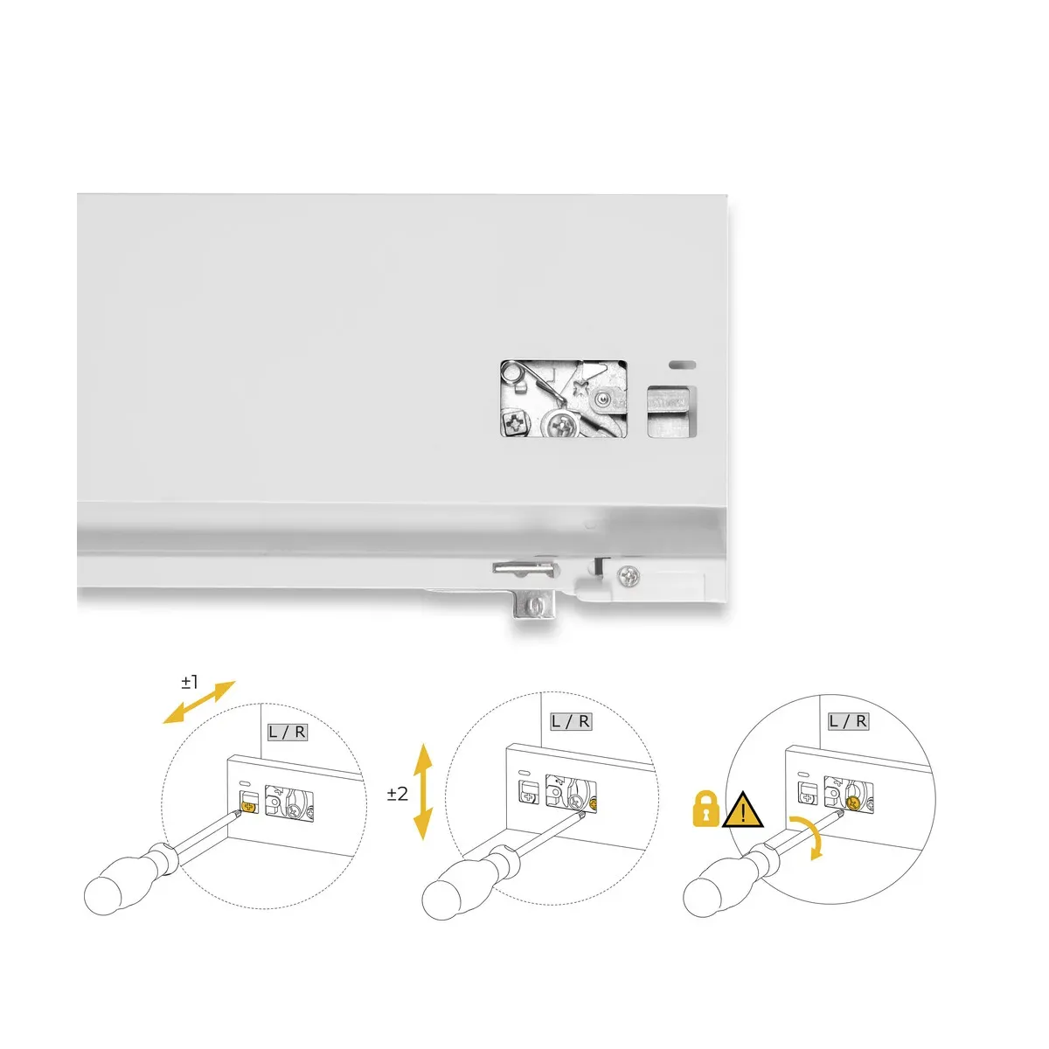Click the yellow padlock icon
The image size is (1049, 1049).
tap(705, 811)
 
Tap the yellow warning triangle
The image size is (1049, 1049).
tap(742, 811)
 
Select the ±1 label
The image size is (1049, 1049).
tap(190, 682)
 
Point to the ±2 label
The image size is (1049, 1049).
tap(398, 794)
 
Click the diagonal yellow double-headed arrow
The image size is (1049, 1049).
tap(199, 702)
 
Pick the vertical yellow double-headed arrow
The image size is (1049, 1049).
tap(423, 793)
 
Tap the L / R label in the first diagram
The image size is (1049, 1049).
tap(288, 733)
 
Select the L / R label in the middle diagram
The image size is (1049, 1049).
tap(571, 722)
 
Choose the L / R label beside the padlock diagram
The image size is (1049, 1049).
tap(848, 722)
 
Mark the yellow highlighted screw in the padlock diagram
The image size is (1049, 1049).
tap(852, 802)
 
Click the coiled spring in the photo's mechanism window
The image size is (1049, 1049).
tap(512, 373)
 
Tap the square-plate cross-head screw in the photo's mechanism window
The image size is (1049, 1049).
tap(515, 423)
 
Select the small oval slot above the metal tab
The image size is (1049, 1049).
tap(682, 365)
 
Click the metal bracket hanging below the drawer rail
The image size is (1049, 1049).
tap(534, 604)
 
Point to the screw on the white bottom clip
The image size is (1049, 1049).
tap(629, 576)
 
